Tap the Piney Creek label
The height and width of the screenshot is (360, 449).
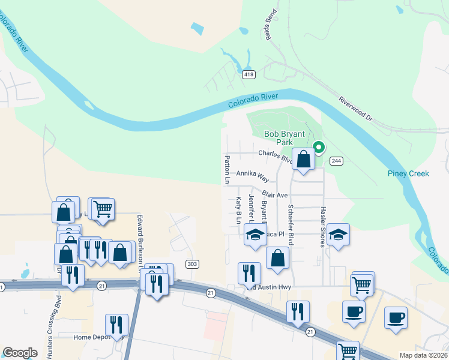[x=408, y=173]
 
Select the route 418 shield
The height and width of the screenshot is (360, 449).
[x=249, y=74]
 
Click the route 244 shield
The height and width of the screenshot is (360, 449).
[x=336, y=160]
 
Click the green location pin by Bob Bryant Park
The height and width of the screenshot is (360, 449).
[x=319, y=147]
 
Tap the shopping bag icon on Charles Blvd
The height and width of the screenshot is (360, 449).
[x=303, y=160]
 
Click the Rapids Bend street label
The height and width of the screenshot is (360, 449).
[x=270, y=23]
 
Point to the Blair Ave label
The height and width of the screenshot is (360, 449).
[x=275, y=195]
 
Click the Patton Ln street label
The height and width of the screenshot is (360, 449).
[x=228, y=169]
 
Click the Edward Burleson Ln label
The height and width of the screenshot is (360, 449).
[x=140, y=238]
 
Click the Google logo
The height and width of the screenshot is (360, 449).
[x=20, y=353]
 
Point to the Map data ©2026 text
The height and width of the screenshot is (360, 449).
[x=423, y=355]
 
